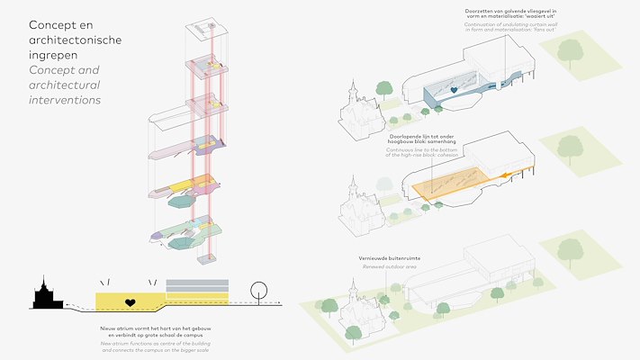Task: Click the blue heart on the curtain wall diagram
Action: point(455,91)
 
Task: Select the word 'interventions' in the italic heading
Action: point(65,100)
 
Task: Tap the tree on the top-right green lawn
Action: point(570,51)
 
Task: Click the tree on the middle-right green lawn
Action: point(570,146)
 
